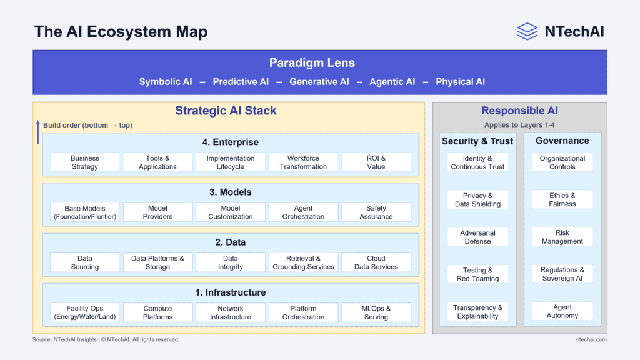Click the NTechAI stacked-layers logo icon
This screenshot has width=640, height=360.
pyautogui.click(x=527, y=31)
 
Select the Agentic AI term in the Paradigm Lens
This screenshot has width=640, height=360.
pyautogui.click(x=392, y=82)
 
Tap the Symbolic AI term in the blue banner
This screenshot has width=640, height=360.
pyautogui.click(x=166, y=82)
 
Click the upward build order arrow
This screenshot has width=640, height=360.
pyautogui.click(x=37, y=132)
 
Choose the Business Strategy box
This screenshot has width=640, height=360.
pyautogui.click(x=85, y=162)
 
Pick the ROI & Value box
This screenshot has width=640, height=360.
pyautogui.click(x=376, y=162)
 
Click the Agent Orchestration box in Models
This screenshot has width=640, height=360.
pyautogui.click(x=303, y=212)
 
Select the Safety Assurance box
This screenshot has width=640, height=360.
pyautogui.click(x=376, y=212)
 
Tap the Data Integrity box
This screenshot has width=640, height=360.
pyautogui.click(x=231, y=262)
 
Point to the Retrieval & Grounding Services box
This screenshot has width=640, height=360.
pyautogui.click(x=303, y=262)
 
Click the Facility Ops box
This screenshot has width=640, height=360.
pyautogui.click(x=85, y=312)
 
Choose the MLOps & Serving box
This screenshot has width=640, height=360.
pyautogui.click(x=376, y=312)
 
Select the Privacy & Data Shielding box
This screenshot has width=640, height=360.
pyautogui.click(x=477, y=200)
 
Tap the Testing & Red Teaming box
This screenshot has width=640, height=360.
pyautogui.click(x=477, y=274)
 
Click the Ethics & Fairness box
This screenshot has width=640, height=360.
pyautogui.click(x=562, y=200)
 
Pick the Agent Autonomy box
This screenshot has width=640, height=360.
pyautogui.click(x=562, y=311)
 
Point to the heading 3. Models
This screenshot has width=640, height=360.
pyautogui.click(x=231, y=192)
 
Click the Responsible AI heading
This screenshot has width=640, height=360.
pyautogui.click(x=519, y=111)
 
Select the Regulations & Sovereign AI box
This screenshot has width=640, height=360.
pyautogui.click(x=562, y=274)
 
